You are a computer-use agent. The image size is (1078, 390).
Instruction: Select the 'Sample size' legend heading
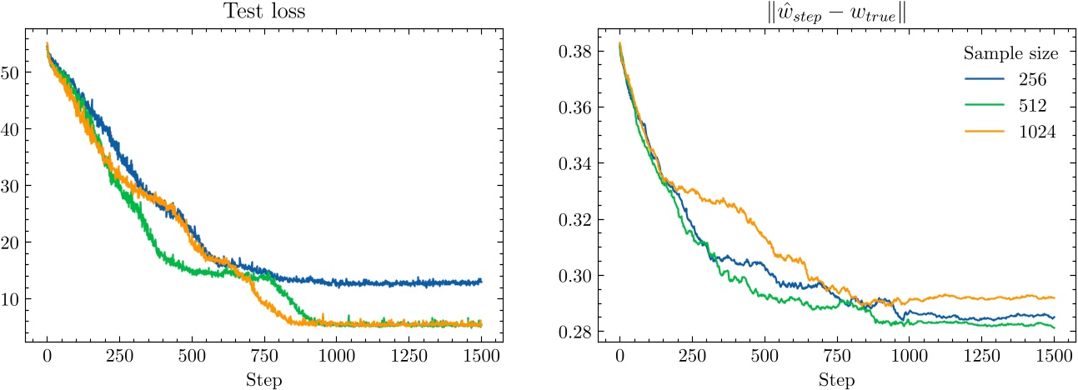(1011, 54)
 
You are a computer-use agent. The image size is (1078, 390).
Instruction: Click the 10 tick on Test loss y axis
(13, 299)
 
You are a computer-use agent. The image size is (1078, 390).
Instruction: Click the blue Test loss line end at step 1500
(481, 282)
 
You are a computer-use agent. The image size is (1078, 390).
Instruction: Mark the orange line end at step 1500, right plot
(1054, 297)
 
